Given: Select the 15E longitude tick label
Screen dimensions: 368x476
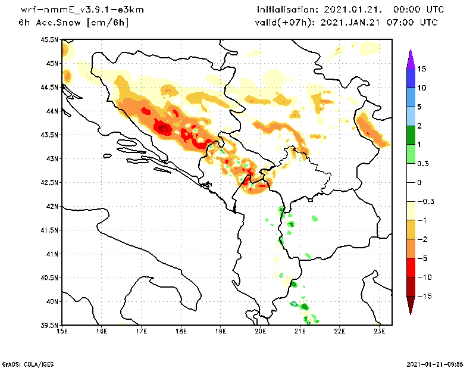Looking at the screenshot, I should coord(61,332).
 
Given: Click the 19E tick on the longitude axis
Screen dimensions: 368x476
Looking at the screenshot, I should coord(221,332).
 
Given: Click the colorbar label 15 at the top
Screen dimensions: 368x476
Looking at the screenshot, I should coord(421,68).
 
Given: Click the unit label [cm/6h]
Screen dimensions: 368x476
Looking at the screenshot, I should coord(108,23).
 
